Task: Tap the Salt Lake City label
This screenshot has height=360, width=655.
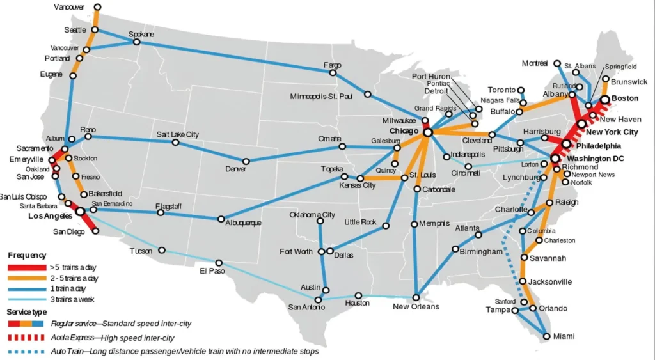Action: coord(177,135)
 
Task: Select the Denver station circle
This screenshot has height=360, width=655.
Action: coord(246,161)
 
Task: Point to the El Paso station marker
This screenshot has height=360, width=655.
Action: coord(219,263)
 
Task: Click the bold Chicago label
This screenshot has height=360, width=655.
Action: coord(404,131)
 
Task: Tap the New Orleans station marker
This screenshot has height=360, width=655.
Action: coord(416,297)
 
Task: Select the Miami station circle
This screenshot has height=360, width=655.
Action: coord(545,336)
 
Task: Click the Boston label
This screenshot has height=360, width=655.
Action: coord(625,98)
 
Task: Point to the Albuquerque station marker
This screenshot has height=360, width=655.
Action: coord(221,219)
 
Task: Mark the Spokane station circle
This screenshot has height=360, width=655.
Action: coord(136,42)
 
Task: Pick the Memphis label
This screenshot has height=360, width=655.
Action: coord(434,224)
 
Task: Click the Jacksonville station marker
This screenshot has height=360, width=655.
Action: coord(523,281)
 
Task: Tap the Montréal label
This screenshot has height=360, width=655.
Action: coord(535,63)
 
